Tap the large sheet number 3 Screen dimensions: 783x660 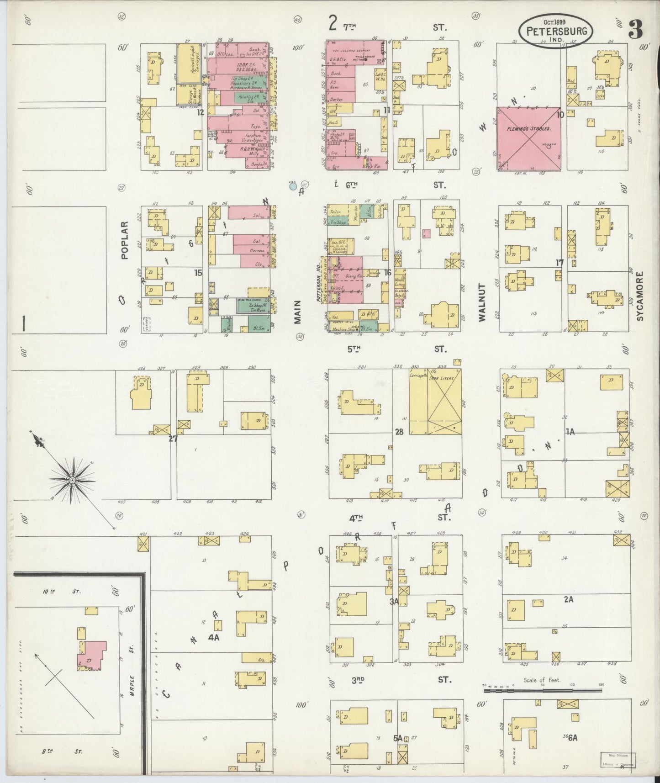(636, 31)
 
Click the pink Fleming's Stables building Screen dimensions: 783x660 (528, 138)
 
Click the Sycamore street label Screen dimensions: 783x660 (640, 296)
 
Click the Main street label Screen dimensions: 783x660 (298, 312)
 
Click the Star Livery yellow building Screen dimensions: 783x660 (435, 402)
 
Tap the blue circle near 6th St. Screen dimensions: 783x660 (293, 186)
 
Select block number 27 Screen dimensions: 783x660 (173, 439)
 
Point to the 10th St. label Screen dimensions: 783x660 (62, 591)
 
